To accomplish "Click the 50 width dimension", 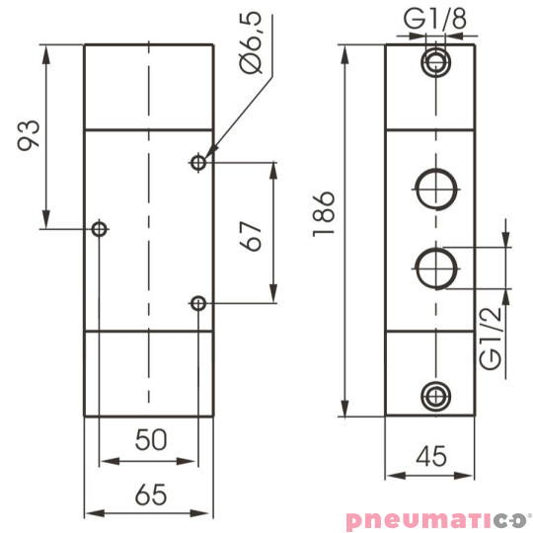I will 149,441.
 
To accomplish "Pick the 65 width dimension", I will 149,494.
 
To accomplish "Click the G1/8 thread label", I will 434,19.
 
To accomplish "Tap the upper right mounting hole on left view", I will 199,161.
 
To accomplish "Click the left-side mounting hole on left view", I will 99,229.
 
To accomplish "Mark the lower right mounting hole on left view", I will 199,302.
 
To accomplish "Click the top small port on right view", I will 433,62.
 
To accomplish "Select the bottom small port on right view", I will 433,395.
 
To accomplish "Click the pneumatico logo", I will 437,518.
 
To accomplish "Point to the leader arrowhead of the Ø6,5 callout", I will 208,152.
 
